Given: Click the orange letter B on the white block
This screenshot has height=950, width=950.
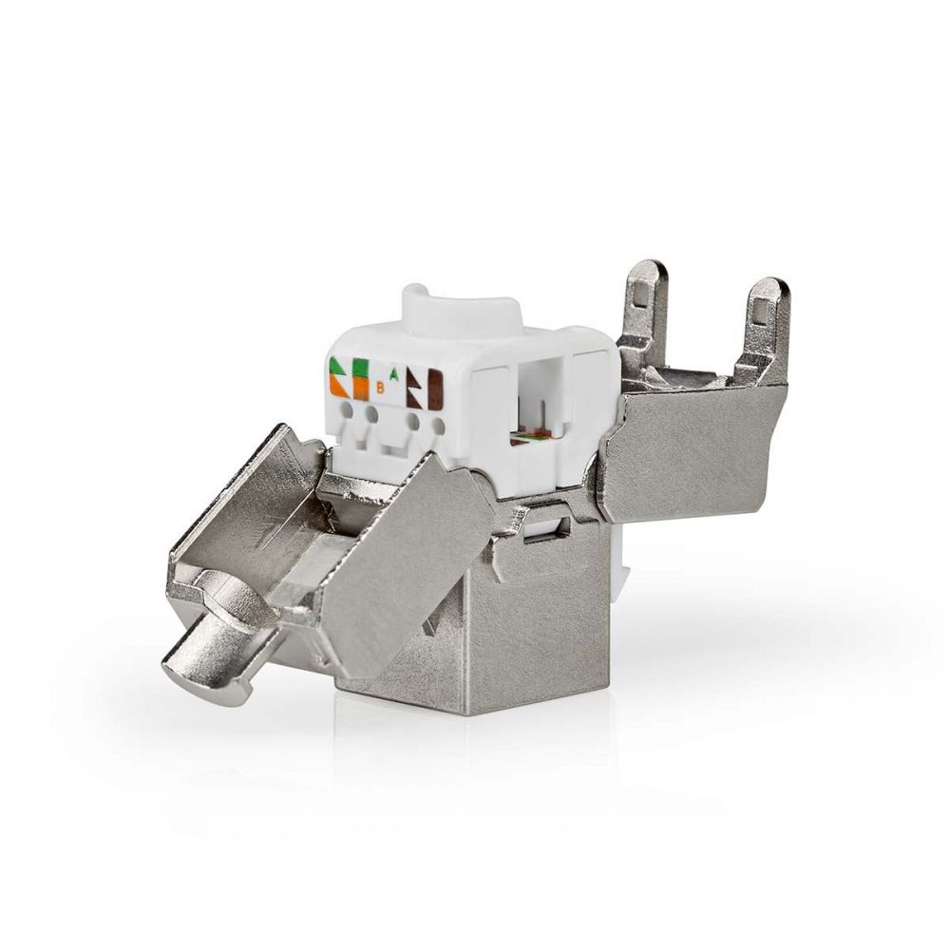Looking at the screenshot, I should pos(381,387).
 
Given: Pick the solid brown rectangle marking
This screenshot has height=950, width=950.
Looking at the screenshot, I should pos(435,389).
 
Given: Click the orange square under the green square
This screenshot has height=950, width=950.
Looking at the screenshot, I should pos(360,389).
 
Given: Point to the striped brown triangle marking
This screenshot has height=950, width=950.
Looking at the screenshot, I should pos(413,385).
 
